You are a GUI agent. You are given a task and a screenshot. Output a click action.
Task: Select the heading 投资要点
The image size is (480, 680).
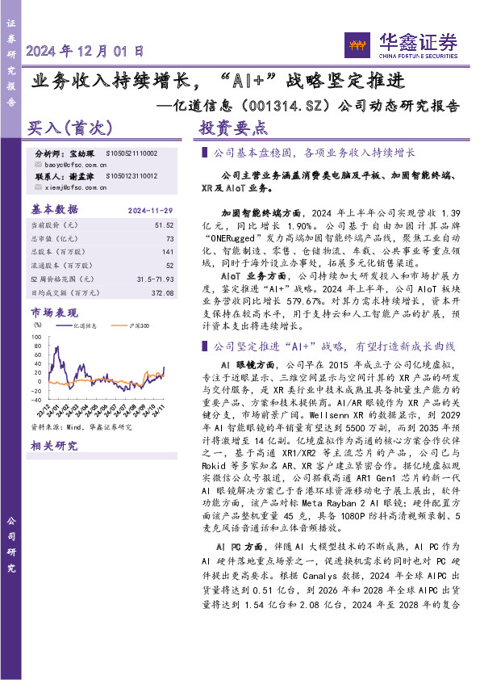click(x=233, y=128)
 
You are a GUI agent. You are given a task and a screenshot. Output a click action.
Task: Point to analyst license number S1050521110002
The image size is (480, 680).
click(x=131, y=153)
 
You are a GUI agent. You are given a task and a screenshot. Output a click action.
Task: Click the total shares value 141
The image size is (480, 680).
click(x=167, y=252)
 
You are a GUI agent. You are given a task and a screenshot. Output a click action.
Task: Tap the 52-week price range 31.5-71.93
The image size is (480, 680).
click(x=156, y=278)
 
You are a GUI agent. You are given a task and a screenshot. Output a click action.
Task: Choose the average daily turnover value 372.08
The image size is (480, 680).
click(x=161, y=292)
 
